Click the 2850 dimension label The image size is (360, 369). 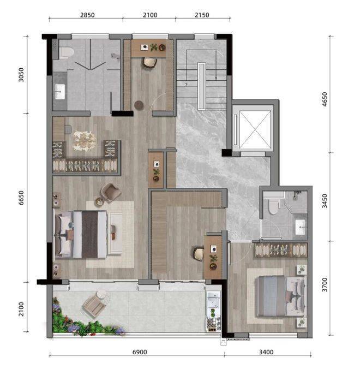[87, 15]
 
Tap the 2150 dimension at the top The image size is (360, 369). [202, 15]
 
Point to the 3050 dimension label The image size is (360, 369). [21, 75]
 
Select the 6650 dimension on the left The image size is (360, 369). [21, 198]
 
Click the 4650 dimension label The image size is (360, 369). [325, 99]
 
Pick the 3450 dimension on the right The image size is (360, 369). [325, 201]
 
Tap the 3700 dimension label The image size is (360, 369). [325, 285]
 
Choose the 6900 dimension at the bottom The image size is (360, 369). [140, 352]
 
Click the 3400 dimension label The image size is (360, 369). [266, 352]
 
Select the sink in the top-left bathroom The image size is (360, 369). [59, 92]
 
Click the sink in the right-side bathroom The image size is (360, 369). [301, 227]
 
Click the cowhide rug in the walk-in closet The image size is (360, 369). [85, 141]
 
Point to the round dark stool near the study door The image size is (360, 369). [139, 105]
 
